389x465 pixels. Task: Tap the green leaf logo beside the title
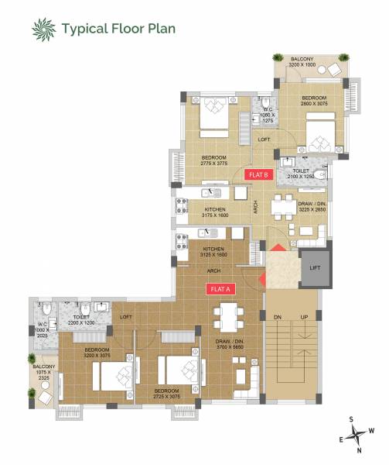(43, 29)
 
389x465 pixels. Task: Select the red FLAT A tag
(220, 289)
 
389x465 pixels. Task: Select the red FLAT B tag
(258, 175)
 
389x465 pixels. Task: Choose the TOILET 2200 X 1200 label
(82, 320)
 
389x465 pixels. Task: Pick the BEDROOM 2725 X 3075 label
(165, 394)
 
